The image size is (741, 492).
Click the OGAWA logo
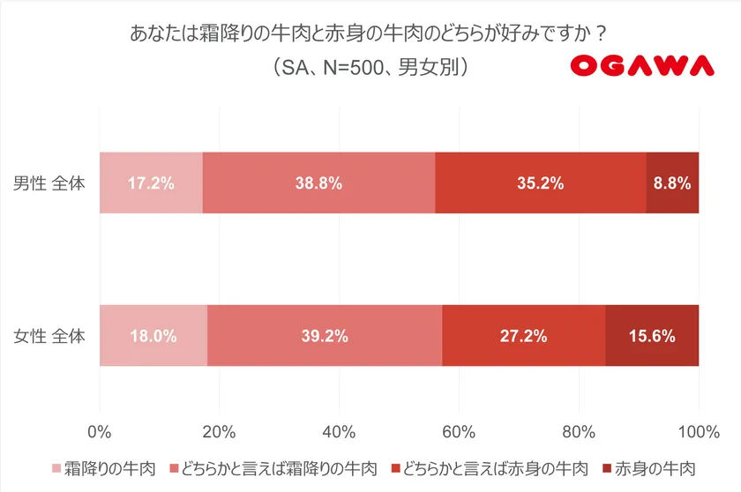pos(641,65)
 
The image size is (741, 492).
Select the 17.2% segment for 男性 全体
pos(151,183)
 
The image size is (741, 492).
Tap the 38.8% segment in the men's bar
pos(318,183)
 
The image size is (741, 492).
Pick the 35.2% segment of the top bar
pos(541,183)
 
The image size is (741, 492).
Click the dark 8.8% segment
pos(672,183)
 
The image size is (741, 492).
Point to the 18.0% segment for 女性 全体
pos(153,335)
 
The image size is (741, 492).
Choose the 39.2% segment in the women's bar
pos(324,335)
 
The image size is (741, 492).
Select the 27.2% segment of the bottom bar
pos(523,335)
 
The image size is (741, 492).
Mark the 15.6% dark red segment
pos(652,335)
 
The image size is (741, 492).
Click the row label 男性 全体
pos(49,183)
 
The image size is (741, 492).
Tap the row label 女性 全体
pos(49,336)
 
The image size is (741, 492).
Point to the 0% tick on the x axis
pos(100,431)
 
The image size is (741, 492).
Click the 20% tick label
pos(219,431)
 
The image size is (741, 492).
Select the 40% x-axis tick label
pos(339,431)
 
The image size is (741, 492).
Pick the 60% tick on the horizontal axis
pos(459,431)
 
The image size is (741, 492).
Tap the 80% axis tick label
pos(579,431)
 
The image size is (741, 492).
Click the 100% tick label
pos(699,431)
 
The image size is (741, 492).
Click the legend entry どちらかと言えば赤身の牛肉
pos(490,468)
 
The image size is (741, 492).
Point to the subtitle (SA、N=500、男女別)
pos(370,67)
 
